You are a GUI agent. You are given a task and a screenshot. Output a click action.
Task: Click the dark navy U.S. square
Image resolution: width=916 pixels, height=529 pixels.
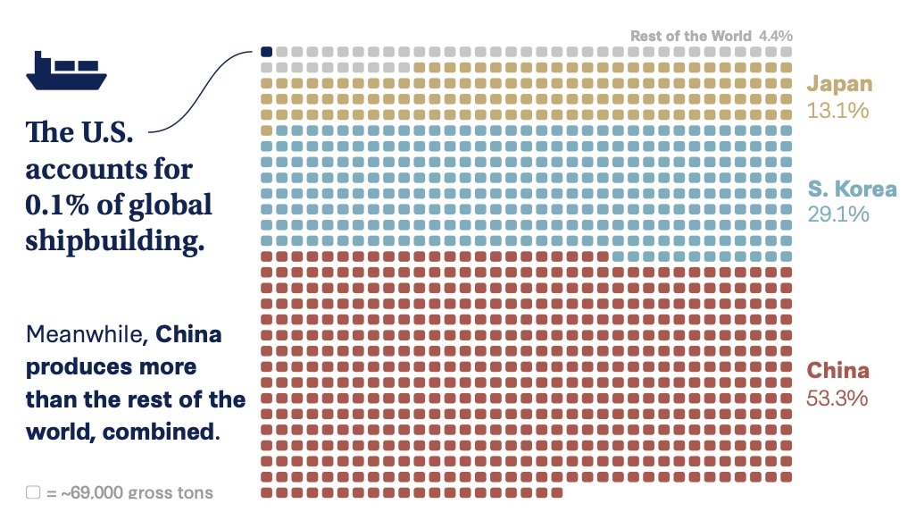click(266, 52)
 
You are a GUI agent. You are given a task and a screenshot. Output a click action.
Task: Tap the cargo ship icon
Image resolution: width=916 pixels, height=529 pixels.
click(66, 71)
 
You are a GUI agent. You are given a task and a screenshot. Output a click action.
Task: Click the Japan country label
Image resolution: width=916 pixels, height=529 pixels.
click(839, 84)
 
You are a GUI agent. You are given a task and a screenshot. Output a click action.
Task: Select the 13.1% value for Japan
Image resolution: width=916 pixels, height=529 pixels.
click(837, 110)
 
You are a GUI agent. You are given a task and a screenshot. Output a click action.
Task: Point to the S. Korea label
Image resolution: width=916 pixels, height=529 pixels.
click(852, 189)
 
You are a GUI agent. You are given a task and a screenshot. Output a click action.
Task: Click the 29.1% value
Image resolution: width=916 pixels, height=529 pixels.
click(838, 214)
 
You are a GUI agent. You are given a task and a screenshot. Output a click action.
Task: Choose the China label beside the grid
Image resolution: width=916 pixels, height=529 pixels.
click(837, 370)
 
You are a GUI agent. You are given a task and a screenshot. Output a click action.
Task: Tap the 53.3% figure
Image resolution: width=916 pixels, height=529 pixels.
click(837, 398)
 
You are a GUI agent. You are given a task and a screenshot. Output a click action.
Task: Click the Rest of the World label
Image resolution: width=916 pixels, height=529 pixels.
click(690, 36)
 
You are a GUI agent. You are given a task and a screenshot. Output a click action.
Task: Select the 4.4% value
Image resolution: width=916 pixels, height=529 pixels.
click(775, 36)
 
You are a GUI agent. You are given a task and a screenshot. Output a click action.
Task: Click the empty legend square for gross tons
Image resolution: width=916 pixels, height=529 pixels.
click(33, 492)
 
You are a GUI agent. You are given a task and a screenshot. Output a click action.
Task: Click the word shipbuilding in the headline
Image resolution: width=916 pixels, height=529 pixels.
click(114, 240)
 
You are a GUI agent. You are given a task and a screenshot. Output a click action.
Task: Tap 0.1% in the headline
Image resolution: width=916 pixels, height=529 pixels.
click(57, 205)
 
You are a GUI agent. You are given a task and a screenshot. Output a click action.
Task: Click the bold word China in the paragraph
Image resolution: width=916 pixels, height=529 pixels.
click(188, 334)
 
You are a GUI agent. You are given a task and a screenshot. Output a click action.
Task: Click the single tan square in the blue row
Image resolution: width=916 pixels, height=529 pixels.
click(266, 130)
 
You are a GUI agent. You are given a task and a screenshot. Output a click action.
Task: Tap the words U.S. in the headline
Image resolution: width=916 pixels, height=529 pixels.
click(106, 132)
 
